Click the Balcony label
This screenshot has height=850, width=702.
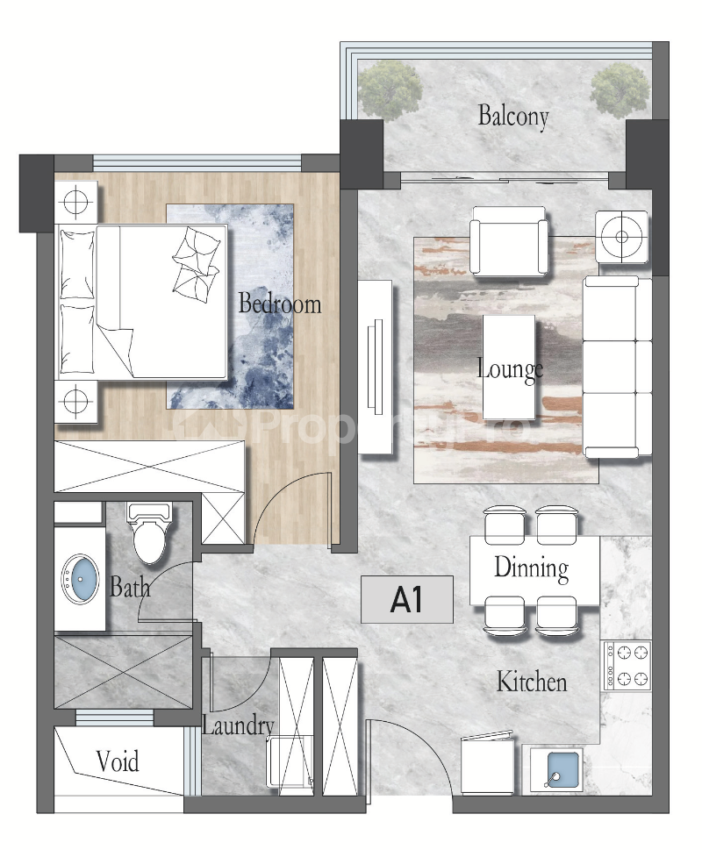point(513,116)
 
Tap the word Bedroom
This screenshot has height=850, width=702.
point(280,304)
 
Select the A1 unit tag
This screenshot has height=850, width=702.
point(407,600)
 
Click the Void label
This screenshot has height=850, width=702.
point(118,761)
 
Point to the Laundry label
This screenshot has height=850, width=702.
point(238,726)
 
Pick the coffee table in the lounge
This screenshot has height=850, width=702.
point(509,367)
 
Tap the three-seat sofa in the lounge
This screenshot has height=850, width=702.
point(618,368)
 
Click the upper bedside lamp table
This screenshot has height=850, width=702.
point(76,200)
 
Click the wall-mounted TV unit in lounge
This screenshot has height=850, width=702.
point(374,366)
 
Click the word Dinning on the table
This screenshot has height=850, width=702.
point(531,568)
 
